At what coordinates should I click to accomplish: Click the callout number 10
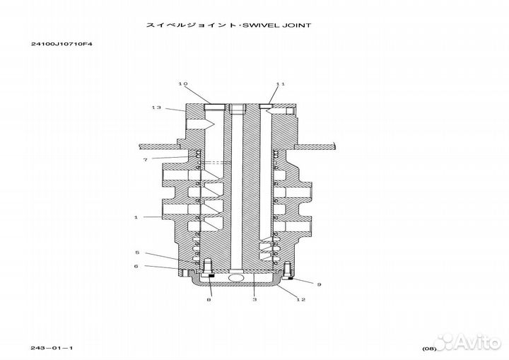coord(183,84)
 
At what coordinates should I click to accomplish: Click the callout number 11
coord(281,84)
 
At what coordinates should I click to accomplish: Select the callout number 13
coord(156,108)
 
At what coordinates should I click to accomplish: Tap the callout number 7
coord(146,160)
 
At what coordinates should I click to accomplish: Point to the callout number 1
coord(136,217)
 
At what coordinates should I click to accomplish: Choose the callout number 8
coord(209,300)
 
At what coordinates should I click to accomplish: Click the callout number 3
coord(255,299)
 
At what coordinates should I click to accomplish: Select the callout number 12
coord(301,299)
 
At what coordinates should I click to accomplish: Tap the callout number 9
coord(319,284)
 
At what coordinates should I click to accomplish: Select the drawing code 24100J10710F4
coord(62,44)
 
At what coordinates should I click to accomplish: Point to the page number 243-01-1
coord(52,348)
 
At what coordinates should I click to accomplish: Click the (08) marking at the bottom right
coord(429,349)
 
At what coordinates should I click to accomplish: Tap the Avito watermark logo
coord(467,342)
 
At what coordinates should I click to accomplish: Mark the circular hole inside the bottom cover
coord(235,277)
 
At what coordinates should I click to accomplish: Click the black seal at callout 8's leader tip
coord(211,276)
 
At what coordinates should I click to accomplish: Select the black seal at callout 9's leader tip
coord(291,278)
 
